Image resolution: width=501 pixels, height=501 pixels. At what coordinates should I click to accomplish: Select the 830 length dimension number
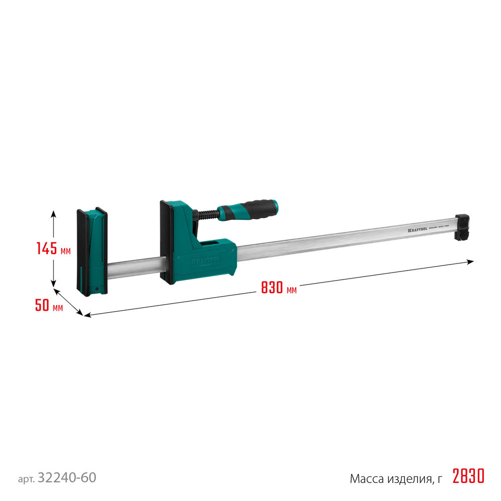tap(271, 288)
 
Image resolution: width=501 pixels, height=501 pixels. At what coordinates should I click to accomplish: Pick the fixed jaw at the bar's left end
tap(92, 250)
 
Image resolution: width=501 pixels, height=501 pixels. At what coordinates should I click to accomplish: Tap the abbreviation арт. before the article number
tap(26, 479)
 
